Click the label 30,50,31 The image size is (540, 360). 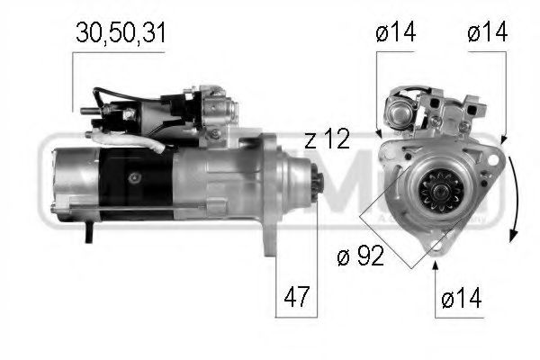120,33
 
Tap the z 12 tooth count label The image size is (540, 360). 328,139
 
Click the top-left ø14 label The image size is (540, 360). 395,33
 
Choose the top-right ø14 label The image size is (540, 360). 488,33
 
